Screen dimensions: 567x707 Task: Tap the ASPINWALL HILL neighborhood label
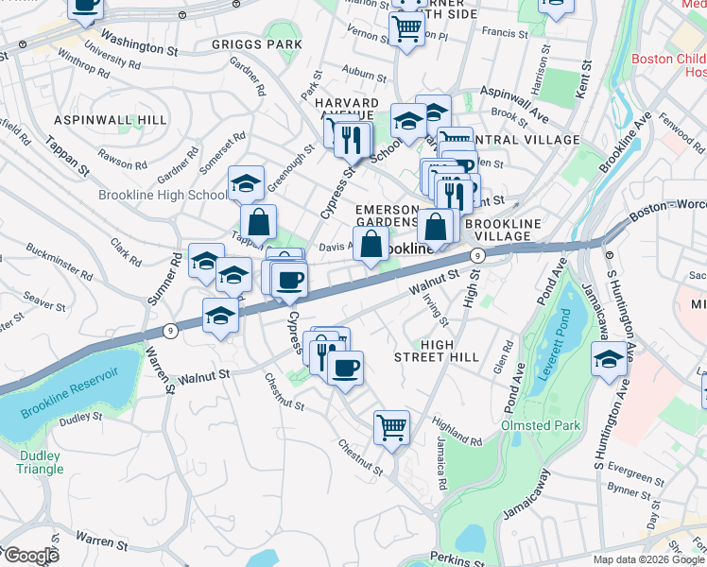click(x=110, y=120)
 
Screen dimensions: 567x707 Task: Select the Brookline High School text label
click(x=163, y=196)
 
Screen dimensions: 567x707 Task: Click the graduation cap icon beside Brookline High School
click(x=246, y=182)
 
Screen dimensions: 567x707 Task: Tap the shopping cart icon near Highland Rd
click(x=391, y=426)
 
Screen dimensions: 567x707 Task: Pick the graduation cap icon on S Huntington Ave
click(x=608, y=359)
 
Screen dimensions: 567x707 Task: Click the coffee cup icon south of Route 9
click(x=345, y=366)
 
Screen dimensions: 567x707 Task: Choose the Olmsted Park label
click(x=539, y=425)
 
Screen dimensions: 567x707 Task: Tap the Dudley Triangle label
click(x=40, y=463)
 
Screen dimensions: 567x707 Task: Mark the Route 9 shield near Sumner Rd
click(x=170, y=330)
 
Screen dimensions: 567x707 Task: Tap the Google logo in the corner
click(x=30, y=556)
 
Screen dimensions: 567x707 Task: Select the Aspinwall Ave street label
click(x=514, y=101)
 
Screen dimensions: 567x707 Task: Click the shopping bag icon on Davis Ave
click(x=371, y=243)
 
